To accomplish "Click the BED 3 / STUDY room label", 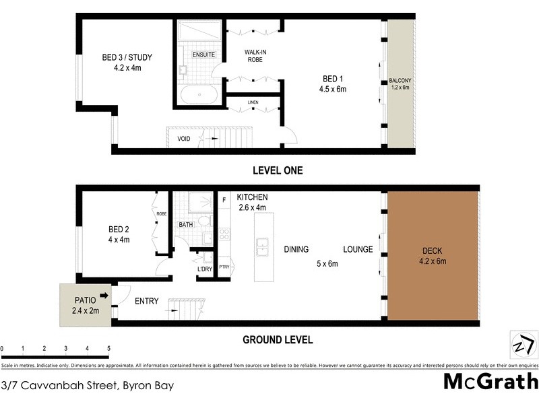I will (127, 57).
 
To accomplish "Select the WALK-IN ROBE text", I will (253, 55).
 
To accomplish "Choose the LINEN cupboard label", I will (253, 102).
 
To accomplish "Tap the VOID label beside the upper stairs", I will (183, 139).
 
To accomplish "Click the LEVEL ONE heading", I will (277, 170).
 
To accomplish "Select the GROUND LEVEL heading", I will (278, 340).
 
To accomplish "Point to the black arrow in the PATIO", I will (103, 295).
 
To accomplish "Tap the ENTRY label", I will (147, 301).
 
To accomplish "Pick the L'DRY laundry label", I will (205, 269).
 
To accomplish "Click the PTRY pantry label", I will (224, 267).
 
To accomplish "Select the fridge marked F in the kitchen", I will (223, 199).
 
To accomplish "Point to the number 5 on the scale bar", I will (108, 349).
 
